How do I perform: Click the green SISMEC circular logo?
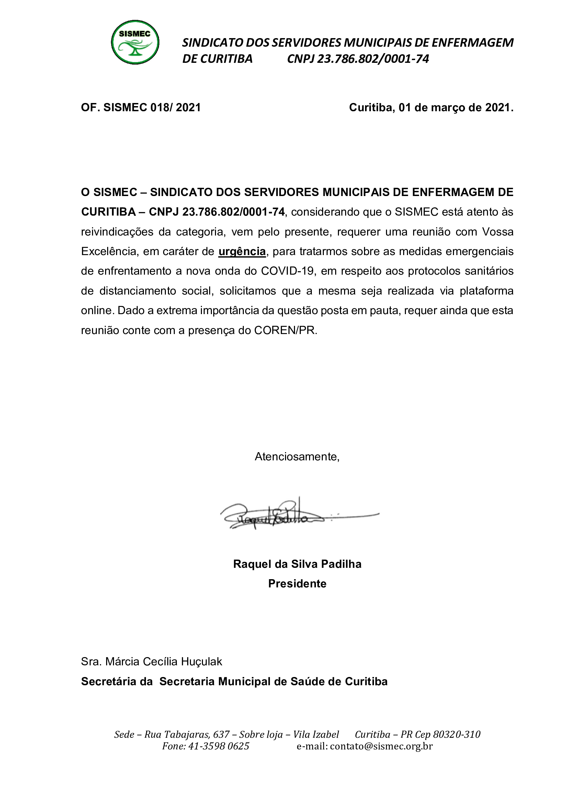coord(135,42)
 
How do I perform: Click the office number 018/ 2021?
coord(175,107)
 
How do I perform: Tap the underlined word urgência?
coord(242,251)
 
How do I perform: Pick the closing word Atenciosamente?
coord(297,457)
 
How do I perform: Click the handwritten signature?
coord(273,516)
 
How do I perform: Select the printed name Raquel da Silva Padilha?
coord(297,564)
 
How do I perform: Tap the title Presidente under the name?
coord(297,584)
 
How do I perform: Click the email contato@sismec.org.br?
coord(381,746)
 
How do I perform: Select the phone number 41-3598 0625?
coord(219,746)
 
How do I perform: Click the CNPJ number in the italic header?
coord(373,59)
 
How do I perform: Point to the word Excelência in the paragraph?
coord(109,251)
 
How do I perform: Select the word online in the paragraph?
coord(97,311)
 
